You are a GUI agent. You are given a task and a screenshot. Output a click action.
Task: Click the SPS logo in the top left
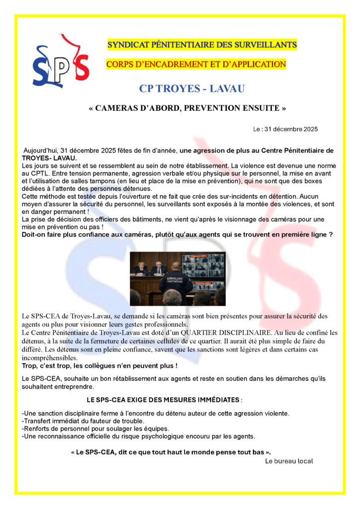coord(60,62)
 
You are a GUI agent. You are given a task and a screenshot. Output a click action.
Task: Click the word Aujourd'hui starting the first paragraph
coord(41,151)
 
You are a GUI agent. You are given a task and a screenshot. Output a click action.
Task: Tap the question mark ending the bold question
coord(331,234)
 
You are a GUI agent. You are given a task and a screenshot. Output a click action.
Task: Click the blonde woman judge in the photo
coord(141,267)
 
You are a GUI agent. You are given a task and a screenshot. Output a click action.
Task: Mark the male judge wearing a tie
coord(158,267)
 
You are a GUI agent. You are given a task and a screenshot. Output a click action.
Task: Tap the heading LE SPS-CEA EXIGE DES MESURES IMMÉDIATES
coord(163,400)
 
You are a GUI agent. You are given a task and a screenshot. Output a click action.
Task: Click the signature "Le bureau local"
coord(289,461)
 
